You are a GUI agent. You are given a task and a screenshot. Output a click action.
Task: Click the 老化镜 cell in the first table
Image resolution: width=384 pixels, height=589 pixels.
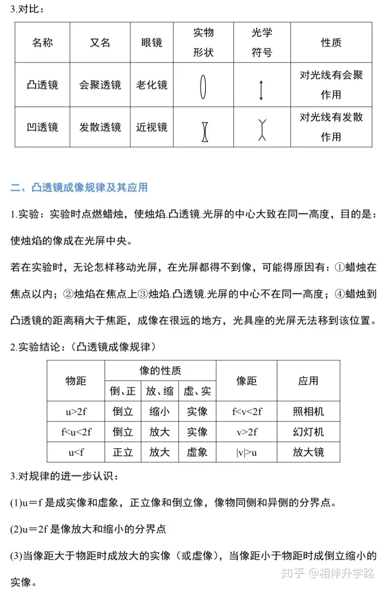(x=151, y=85)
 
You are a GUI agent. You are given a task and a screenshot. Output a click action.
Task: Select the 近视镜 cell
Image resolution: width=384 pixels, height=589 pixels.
(x=151, y=127)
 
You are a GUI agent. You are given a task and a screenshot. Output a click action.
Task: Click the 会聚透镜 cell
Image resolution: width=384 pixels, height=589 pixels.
(x=100, y=85)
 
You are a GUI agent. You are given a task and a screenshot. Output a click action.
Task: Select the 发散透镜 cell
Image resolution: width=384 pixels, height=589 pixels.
(x=100, y=127)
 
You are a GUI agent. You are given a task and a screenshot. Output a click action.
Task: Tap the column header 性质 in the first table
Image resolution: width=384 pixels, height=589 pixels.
(x=331, y=43)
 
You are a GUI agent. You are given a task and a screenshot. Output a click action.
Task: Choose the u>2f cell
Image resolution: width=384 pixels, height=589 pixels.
(x=76, y=412)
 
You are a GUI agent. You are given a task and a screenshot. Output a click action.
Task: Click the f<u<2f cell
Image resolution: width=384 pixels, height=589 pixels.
(x=76, y=432)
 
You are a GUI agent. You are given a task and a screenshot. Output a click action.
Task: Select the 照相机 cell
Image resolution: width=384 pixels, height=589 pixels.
(x=308, y=412)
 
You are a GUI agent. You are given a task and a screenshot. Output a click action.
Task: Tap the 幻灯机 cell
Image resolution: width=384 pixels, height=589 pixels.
(x=308, y=432)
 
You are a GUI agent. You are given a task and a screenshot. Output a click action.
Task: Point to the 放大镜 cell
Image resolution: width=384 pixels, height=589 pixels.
(x=308, y=452)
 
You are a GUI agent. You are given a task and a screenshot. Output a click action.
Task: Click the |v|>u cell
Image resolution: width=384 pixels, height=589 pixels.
(x=246, y=452)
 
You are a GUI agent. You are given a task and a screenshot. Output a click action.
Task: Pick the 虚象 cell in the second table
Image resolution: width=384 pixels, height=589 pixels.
(x=197, y=452)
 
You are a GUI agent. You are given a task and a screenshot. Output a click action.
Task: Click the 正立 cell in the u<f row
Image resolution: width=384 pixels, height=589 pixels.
(x=123, y=452)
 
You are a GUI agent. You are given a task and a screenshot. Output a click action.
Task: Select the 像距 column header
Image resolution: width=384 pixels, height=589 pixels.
(x=246, y=381)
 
